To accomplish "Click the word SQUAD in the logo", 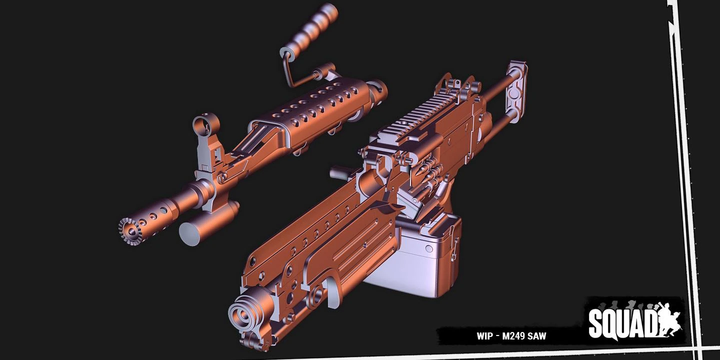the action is coord(622,323).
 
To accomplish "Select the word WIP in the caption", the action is coord(484,336).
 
